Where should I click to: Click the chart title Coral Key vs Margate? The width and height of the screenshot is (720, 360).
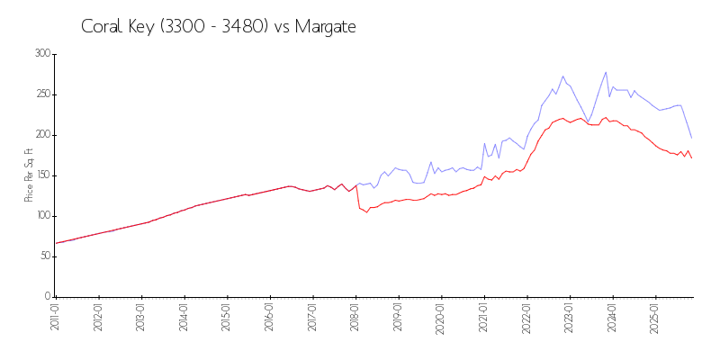[x=219, y=27]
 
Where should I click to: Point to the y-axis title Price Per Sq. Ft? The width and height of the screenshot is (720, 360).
[x=29, y=175]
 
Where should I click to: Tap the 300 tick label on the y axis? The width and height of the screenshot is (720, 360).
[x=42, y=54]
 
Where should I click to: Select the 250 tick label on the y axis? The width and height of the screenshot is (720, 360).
[x=42, y=94]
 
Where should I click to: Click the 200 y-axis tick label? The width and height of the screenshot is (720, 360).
[x=42, y=135]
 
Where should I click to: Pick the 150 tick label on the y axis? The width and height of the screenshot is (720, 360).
[x=42, y=175]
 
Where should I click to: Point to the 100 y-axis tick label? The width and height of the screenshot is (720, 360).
[x=42, y=216]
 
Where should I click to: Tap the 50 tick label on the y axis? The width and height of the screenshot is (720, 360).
[x=45, y=256]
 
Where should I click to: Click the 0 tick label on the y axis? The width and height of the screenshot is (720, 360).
[x=48, y=297]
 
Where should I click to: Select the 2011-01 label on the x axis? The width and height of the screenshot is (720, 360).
[x=55, y=319]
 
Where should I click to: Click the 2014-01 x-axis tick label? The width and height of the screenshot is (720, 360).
[x=184, y=319]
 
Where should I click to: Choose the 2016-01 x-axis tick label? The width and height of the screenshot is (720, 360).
[x=270, y=319]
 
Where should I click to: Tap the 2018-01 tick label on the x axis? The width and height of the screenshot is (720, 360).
[x=355, y=319]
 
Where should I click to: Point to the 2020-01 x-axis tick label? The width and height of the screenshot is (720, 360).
[x=441, y=319]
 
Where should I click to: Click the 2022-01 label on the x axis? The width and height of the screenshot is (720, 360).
[x=526, y=319]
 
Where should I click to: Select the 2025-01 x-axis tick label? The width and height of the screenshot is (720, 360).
[x=655, y=319]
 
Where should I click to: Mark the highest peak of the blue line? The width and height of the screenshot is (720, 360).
[x=606, y=72]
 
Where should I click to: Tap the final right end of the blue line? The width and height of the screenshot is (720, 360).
[x=691, y=138]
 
